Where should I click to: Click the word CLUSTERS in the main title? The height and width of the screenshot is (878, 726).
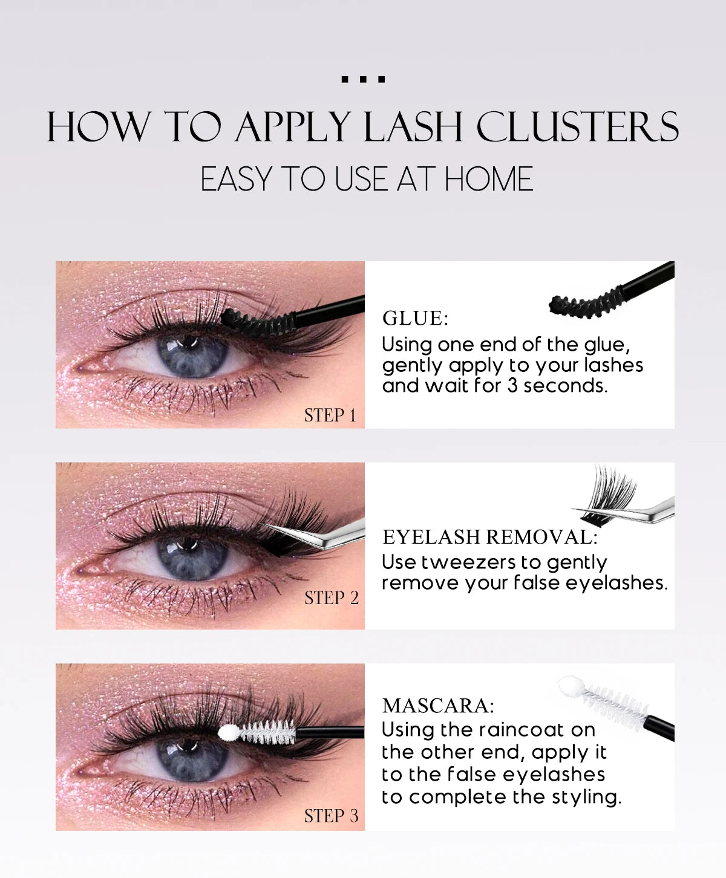point(577,127)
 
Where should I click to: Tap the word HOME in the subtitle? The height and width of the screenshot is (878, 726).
point(489,180)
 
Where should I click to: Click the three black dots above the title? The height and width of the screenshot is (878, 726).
point(363,79)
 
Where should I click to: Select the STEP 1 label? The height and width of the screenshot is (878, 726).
point(330,415)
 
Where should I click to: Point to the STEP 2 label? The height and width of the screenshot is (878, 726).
point(332,598)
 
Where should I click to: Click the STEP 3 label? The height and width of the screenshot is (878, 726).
point(332,816)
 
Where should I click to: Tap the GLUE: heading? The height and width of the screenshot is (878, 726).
point(416,318)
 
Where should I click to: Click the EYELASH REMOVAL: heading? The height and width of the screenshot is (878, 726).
point(490,537)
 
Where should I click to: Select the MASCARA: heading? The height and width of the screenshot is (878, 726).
point(439,706)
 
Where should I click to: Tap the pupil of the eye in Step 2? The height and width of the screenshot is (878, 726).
point(192,555)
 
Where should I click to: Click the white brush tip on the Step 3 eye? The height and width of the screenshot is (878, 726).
point(227,733)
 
